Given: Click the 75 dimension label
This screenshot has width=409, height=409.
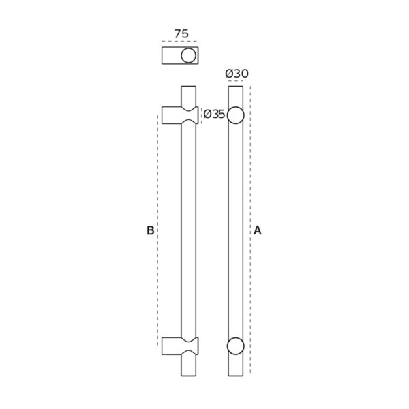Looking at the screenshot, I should click(x=181, y=33).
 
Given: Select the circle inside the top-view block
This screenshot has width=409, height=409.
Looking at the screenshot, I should click(x=189, y=55).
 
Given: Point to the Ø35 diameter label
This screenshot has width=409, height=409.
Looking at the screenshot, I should click(x=215, y=115).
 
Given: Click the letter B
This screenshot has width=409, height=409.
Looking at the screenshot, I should click(x=150, y=230).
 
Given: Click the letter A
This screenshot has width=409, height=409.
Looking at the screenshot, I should click(x=258, y=230).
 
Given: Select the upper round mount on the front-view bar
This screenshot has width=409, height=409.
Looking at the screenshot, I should click(x=235, y=116).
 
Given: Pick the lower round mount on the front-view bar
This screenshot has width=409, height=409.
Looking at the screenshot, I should click(x=235, y=346).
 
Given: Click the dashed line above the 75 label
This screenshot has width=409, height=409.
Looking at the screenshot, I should click(x=181, y=42).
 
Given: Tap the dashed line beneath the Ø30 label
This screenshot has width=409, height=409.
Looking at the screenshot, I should click(x=235, y=80).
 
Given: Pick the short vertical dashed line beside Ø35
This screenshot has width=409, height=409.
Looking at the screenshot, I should click(x=201, y=115).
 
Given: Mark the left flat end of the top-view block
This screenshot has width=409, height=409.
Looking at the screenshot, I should click(x=162, y=55).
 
